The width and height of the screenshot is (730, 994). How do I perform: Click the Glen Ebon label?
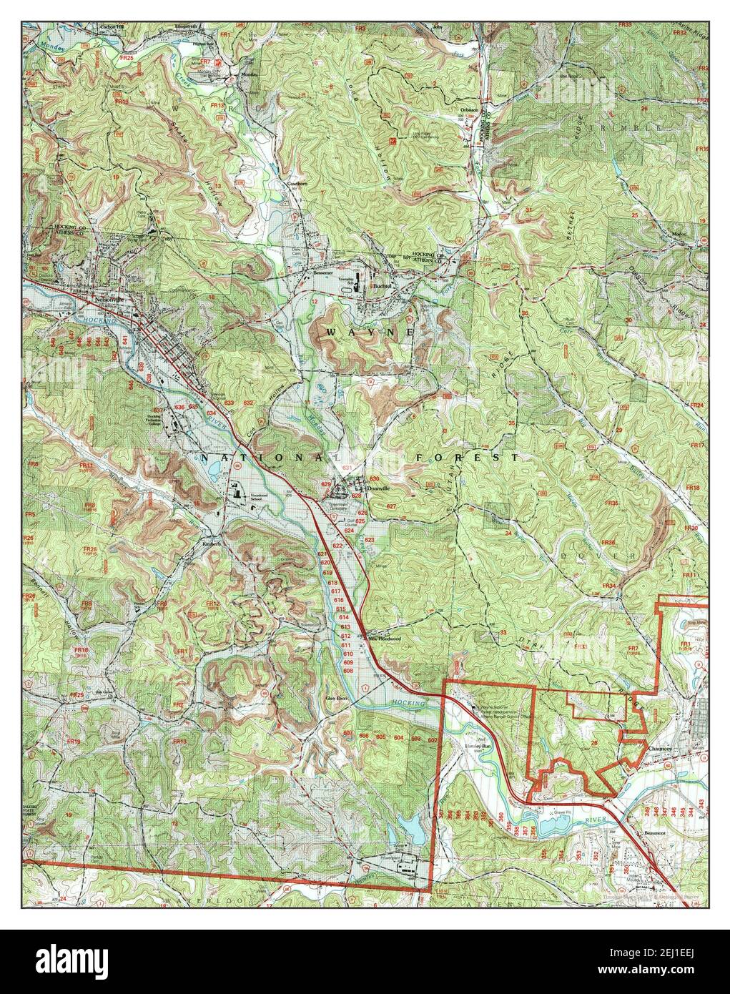point(336,698)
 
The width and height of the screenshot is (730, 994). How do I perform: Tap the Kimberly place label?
point(211,542)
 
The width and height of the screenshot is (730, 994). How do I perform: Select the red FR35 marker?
point(610,503)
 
